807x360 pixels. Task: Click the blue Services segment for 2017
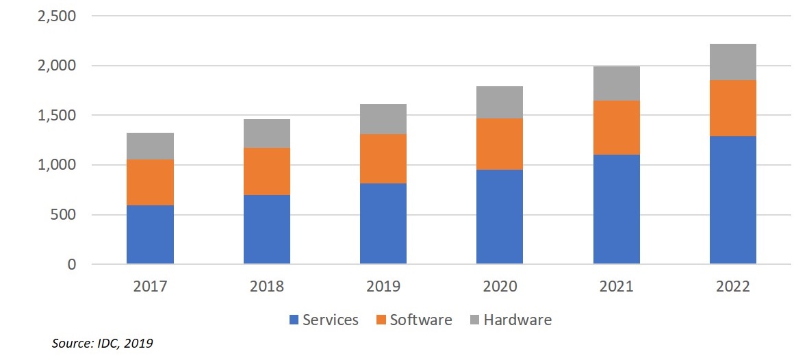pyautogui.click(x=150, y=235)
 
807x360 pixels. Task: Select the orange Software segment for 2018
pyautogui.click(x=267, y=171)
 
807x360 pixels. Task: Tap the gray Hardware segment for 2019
pyautogui.click(x=383, y=119)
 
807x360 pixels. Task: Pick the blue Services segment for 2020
pyautogui.click(x=500, y=217)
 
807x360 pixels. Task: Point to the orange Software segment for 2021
pyautogui.click(x=616, y=127)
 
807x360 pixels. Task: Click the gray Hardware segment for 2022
pyautogui.click(x=733, y=62)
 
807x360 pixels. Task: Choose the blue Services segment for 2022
pyautogui.click(x=733, y=200)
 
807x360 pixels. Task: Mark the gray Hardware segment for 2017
pyautogui.click(x=150, y=146)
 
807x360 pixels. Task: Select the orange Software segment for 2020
pyautogui.click(x=500, y=144)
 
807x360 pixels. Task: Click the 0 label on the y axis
pyautogui.click(x=72, y=265)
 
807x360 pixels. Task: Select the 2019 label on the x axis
pyautogui.click(x=383, y=286)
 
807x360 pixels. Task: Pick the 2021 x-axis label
pyautogui.click(x=616, y=286)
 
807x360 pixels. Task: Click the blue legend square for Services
pyautogui.click(x=294, y=320)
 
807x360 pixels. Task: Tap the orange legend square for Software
pyautogui.click(x=381, y=320)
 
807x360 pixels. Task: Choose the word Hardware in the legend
pyautogui.click(x=517, y=320)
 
